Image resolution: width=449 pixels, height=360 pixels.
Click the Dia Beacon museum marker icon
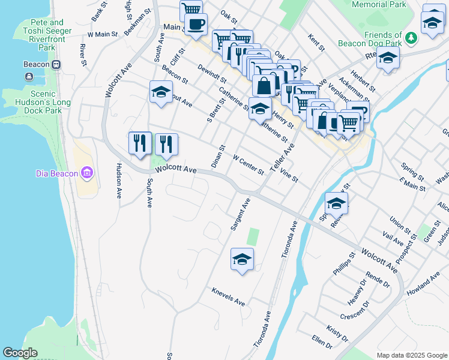(x=88, y=173)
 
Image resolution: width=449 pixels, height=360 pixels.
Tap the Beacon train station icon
(x=29, y=76)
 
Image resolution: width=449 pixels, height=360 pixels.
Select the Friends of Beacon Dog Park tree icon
(x=411, y=38)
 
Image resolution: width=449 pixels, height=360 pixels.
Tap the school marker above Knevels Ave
(x=242, y=259)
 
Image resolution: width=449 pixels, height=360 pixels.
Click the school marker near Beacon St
(x=160, y=92)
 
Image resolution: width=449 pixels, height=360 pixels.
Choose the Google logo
(x=20, y=353)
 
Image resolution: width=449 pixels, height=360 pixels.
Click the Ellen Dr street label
(x=322, y=343)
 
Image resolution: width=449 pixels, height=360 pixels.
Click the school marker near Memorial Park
(x=432, y=23)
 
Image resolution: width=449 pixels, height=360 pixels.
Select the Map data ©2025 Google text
(x=411, y=355)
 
